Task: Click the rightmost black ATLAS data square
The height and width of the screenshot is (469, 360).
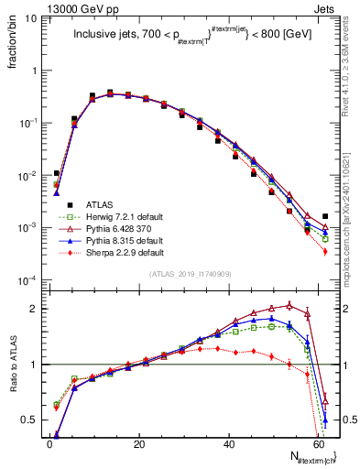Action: (x=325, y=216)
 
